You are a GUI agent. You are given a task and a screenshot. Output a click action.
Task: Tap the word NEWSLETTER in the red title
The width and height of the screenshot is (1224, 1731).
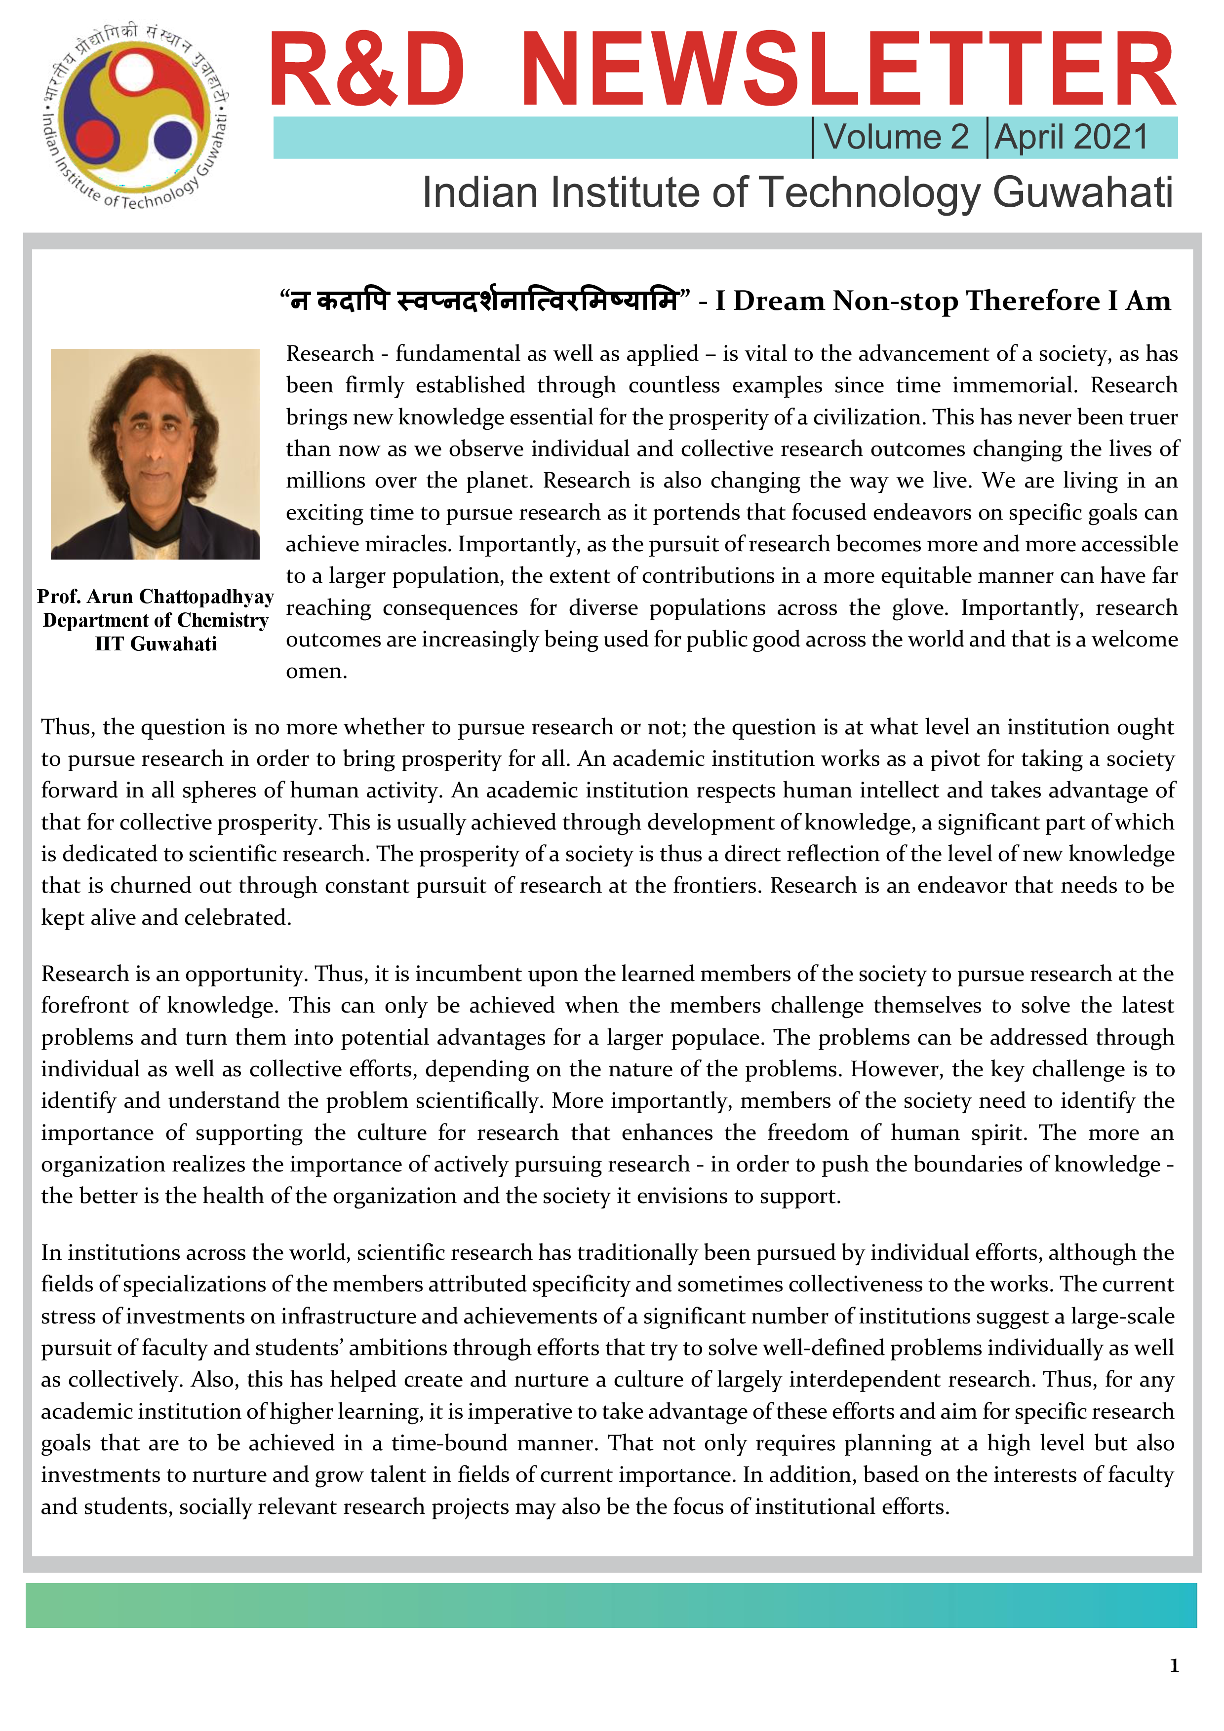point(848,70)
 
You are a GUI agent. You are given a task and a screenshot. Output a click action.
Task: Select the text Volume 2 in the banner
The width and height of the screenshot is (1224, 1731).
point(896,137)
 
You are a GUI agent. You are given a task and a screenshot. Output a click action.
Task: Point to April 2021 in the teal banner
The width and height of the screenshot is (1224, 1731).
point(1071,137)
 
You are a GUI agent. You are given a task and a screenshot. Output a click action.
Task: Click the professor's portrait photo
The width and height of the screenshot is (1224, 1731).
point(156,454)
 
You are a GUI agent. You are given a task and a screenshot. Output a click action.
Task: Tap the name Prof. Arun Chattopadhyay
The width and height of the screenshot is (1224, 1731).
point(156,597)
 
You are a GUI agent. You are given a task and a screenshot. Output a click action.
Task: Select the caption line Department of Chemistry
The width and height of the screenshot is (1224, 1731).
point(156,620)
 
